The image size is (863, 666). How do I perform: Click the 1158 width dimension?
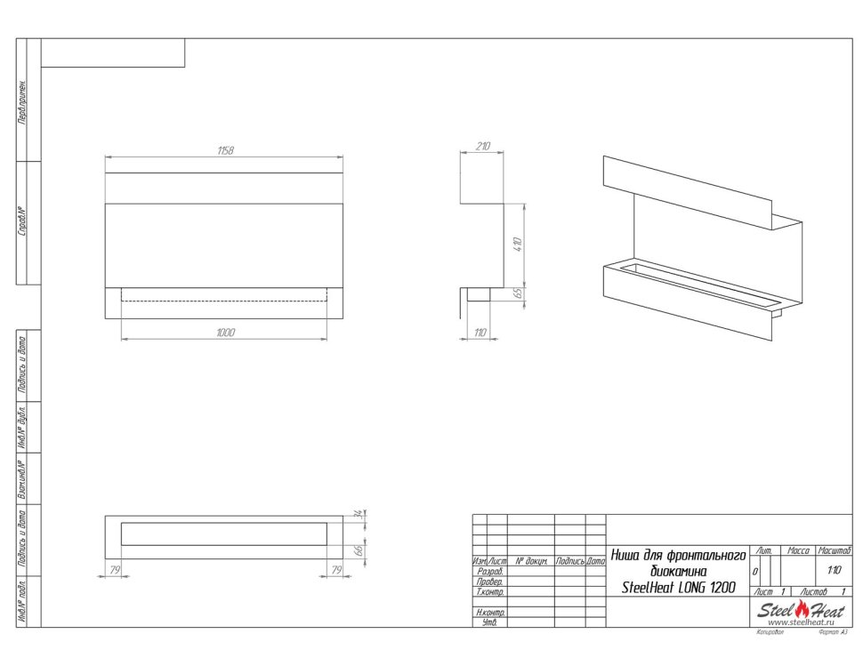tap(225, 151)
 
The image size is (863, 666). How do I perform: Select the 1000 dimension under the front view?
tap(225, 332)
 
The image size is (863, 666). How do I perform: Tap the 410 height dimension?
tap(517, 245)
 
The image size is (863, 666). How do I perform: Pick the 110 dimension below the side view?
tap(480, 333)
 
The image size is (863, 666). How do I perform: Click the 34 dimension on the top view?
tap(358, 515)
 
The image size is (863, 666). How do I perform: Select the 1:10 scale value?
tap(834, 571)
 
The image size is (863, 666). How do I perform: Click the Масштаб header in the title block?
tap(834, 552)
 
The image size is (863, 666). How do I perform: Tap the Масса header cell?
tap(799, 552)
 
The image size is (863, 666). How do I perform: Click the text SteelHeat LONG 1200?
tap(678, 588)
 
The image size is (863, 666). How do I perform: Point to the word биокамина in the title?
tap(678, 571)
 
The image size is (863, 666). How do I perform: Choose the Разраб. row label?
tap(490, 572)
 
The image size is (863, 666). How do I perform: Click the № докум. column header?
tap(530, 562)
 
